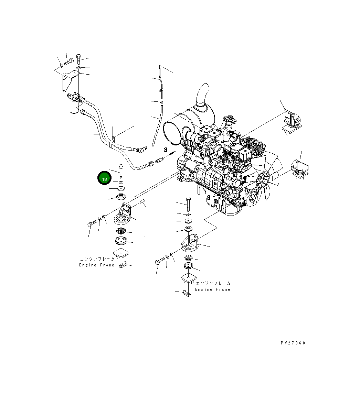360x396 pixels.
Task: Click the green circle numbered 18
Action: [104, 179]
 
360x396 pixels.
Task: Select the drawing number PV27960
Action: [293, 343]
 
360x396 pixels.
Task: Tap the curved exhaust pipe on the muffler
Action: [203, 95]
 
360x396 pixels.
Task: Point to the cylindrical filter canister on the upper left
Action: [73, 105]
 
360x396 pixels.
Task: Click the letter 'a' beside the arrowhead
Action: [165, 150]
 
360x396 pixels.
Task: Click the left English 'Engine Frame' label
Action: [96, 265]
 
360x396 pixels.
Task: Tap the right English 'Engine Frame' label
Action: [213, 289]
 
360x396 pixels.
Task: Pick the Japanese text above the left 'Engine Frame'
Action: [97, 259]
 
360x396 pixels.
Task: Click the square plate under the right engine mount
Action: [189, 278]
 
